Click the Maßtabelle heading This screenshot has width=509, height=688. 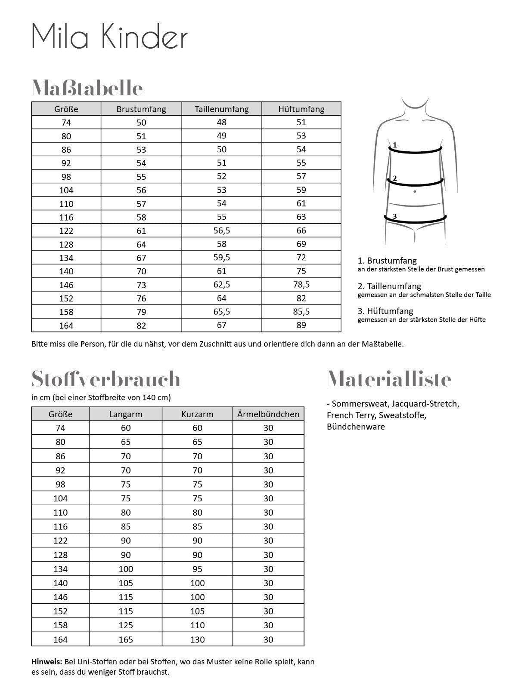click(87, 88)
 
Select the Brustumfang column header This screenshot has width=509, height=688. click(141, 109)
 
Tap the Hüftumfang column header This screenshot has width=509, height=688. click(301, 109)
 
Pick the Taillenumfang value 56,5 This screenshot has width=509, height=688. click(222, 230)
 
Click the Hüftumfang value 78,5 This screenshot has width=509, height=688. click(301, 284)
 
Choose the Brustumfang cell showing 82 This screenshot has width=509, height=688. click(141, 326)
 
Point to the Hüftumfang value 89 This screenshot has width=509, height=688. click(301, 325)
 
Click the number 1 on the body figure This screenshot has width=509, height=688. click(394, 145)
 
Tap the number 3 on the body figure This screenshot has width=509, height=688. click(394, 216)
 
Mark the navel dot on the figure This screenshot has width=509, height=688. click(414, 191)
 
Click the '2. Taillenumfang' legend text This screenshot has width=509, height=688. click(389, 286)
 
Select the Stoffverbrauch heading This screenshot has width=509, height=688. click(106, 379)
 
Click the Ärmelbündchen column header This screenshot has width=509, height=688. click(268, 414)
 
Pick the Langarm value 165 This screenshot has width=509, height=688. click(126, 639)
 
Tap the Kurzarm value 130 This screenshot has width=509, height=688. click(197, 639)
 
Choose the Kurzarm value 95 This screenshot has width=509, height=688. click(197, 569)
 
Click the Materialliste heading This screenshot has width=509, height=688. click(389, 379)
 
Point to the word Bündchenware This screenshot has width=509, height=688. click(356, 427)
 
